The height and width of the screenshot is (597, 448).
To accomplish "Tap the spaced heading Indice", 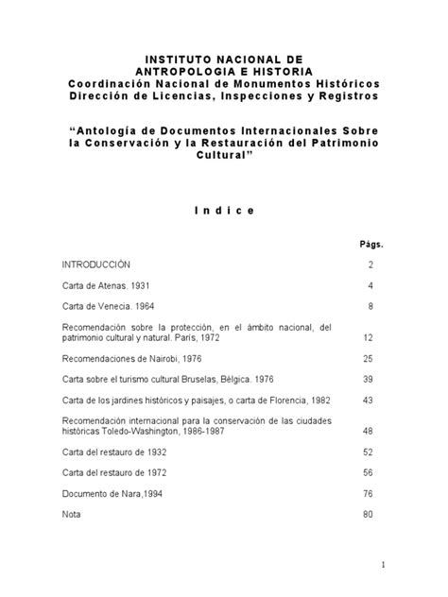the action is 224,211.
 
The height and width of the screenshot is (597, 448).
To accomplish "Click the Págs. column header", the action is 371,244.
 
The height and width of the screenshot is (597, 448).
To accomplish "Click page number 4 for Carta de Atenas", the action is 371,285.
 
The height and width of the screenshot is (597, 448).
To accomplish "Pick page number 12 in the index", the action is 369,337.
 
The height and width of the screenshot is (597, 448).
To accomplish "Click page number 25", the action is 369,359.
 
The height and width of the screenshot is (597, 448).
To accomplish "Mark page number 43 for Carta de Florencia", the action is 369,401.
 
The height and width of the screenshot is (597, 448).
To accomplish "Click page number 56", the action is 369,472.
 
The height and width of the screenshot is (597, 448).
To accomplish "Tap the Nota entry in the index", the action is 72,514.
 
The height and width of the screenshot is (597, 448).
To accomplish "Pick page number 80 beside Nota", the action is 369,514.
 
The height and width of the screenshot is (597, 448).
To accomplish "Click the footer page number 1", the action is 385,566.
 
